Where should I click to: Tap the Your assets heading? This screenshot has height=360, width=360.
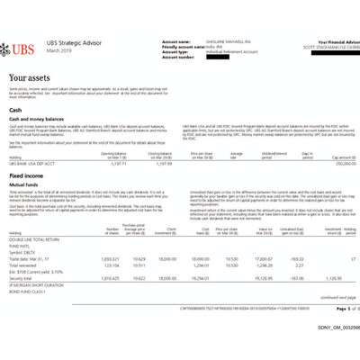35,79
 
